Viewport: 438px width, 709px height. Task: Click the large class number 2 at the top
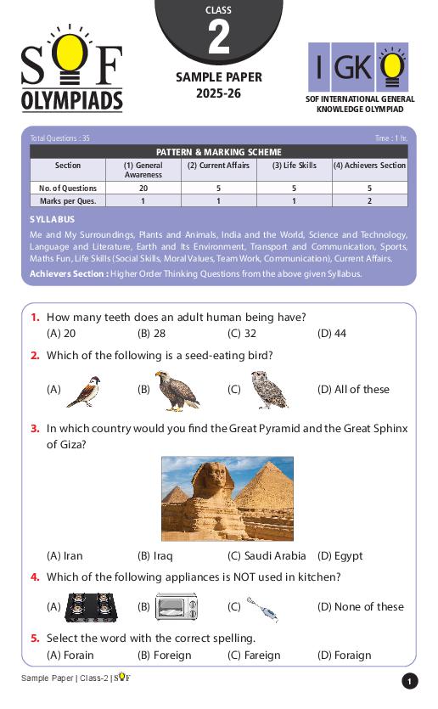218,38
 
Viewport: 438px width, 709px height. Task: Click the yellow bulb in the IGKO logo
391,66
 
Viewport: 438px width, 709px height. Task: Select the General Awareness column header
143,170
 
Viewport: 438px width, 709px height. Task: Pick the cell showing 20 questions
143,189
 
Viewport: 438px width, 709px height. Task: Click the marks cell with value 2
369,201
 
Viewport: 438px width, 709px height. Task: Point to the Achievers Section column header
369,166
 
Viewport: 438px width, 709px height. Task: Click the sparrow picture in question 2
84,391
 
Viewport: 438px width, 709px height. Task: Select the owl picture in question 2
270,390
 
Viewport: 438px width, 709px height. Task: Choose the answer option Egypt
340,556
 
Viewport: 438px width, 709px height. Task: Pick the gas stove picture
91,607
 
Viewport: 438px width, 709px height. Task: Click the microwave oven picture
177,607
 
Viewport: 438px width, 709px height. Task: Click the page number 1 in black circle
410,681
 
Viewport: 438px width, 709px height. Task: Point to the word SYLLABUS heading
53,219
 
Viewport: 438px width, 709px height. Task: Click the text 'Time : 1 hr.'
390,138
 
